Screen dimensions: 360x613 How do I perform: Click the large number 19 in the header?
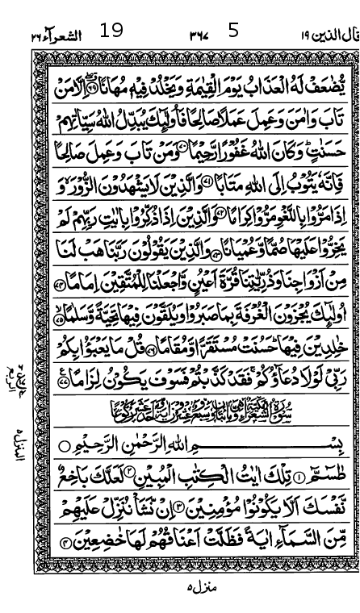coord(111,31)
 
